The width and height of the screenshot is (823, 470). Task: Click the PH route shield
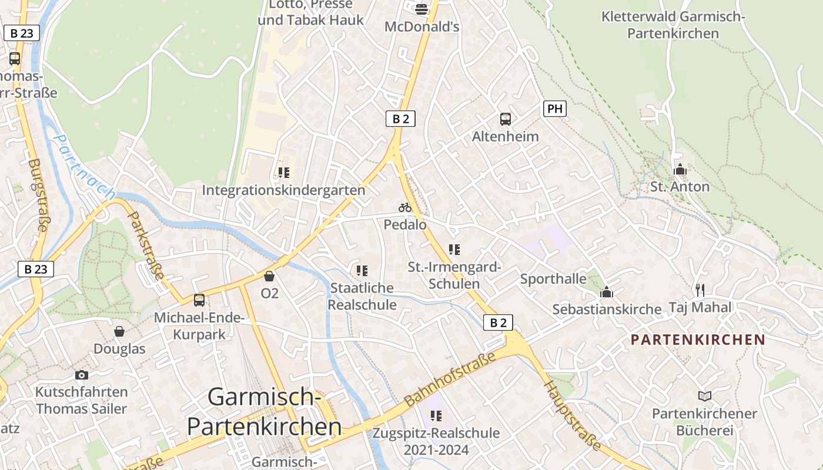554,109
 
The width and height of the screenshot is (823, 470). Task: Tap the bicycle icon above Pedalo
404,207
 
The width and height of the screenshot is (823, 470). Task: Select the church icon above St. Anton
680,170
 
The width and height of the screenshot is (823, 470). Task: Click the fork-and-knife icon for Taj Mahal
700,290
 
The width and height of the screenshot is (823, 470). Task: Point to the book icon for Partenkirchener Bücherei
704,397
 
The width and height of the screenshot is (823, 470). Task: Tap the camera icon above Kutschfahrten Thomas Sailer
82,375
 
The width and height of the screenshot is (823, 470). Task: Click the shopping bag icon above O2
269,276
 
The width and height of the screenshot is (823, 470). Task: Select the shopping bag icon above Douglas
119,331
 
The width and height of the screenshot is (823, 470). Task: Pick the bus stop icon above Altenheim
506,119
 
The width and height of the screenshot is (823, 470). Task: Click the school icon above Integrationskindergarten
284,173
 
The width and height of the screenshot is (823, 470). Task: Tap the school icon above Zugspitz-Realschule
436,416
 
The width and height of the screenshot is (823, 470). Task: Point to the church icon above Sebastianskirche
607,292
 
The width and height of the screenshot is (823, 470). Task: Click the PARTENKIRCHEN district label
698,340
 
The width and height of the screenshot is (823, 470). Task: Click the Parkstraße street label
146,246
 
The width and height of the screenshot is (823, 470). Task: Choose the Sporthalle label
553,278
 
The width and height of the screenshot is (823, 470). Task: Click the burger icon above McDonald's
421,8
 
